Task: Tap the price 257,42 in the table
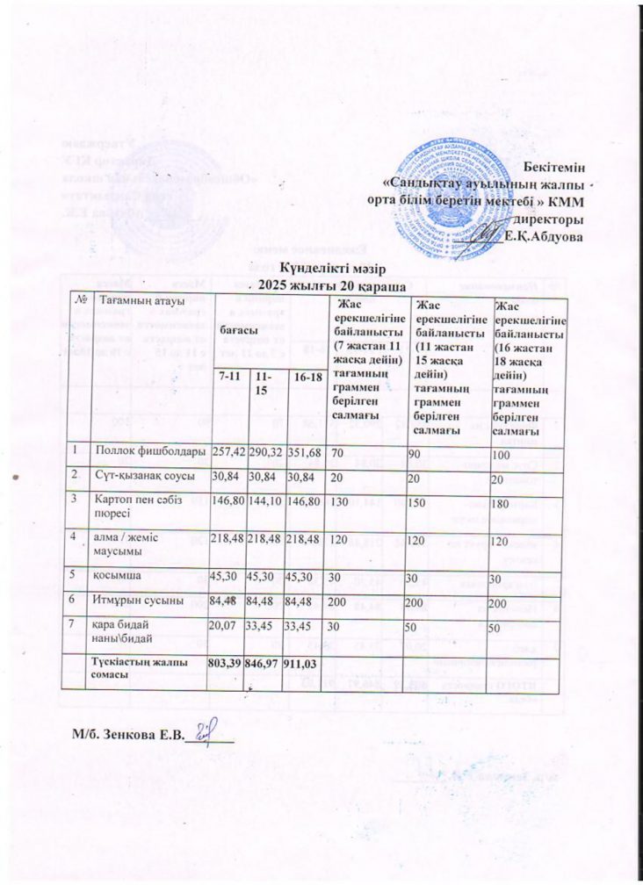pyautogui.click(x=229, y=451)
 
